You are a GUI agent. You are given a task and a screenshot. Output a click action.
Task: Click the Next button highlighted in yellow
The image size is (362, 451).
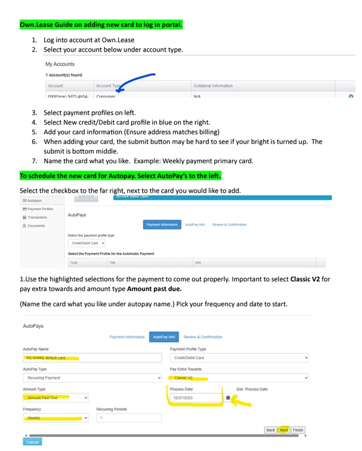pyautogui.click(x=284, y=430)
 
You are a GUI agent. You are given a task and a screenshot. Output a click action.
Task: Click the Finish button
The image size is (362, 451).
pyautogui.click(x=298, y=430)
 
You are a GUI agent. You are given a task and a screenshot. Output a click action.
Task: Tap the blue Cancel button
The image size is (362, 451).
pyautogui.click(x=32, y=442)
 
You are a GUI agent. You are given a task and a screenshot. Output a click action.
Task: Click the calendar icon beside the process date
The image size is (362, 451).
pyautogui.click(x=228, y=398)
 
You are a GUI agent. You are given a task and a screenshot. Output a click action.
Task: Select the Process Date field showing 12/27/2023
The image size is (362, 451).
pyautogui.click(x=195, y=398)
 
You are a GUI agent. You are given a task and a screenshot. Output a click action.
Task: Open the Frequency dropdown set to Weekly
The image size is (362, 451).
pyautogui.click(x=55, y=417)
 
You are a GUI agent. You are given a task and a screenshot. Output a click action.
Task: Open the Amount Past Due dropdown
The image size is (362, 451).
pyautogui.click(x=55, y=398)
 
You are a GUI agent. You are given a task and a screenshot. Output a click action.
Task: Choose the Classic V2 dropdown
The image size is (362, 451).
pyautogui.click(x=239, y=378)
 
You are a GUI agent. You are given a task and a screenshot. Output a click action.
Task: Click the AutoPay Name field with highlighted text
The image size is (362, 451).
pyautogui.click(x=93, y=358)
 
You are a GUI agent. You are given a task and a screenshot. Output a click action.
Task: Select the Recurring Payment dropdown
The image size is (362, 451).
pyautogui.click(x=93, y=378)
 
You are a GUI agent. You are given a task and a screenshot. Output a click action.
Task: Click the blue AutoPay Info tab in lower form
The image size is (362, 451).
pyautogui.click(x=164, y=337)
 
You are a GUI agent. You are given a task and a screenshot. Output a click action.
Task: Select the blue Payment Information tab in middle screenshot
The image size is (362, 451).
pyautogui.click(x=162, y=225)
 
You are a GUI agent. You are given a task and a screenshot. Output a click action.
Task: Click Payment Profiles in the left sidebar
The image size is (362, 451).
pyautogui.click(x=40, y=209)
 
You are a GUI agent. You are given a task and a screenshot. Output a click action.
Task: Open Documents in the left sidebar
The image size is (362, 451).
pyautogui.click(x=37, y=226)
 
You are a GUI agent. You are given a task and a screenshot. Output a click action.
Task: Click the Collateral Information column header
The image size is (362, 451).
pyautogui.click(x=213, y=86)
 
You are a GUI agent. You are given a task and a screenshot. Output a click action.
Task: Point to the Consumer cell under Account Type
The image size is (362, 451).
pyautogui.click(x=106, y=96)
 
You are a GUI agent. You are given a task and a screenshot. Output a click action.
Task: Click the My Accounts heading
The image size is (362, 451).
pyautogui.click(x=60, y=64)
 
